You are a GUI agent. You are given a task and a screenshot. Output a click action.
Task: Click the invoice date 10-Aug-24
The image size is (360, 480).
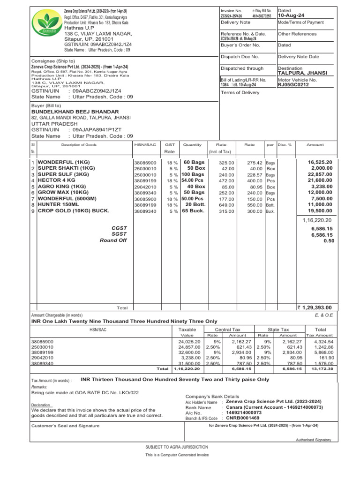pyautogui.click(x=291, y=15)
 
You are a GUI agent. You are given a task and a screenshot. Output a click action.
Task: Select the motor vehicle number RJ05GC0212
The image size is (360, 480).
pyautogui.click(x=293, y=85)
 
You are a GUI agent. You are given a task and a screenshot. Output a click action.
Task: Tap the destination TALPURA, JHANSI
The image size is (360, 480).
pyautogui.click(x=302, y=73)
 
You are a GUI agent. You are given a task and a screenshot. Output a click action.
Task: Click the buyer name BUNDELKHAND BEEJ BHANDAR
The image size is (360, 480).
pyautogui.click(x=75, y=112)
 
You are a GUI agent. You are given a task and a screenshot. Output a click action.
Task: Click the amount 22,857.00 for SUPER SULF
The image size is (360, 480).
pyautogui.click(x=320, y=174)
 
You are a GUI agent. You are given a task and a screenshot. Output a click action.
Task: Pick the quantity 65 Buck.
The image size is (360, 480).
pyautogui.click(x=193, y=211)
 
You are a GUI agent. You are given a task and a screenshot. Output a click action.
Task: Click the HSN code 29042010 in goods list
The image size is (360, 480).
pyautogui.click(x=145, y=187)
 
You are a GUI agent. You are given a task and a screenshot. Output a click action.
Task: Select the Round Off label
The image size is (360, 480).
pyautogui.click(x=113, y=240)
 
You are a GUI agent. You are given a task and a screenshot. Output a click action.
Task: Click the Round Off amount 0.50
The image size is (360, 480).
pyautogui.click(x=329, y=240)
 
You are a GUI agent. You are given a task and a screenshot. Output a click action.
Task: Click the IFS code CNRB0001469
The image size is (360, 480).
pyautogui.click(x=242, y=417)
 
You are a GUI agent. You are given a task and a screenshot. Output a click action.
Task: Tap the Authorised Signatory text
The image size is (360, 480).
pyautogui.click(x=313, y=440)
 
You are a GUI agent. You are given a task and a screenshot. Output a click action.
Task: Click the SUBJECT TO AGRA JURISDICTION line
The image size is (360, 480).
pyautogui.click(x=177, y=447)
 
